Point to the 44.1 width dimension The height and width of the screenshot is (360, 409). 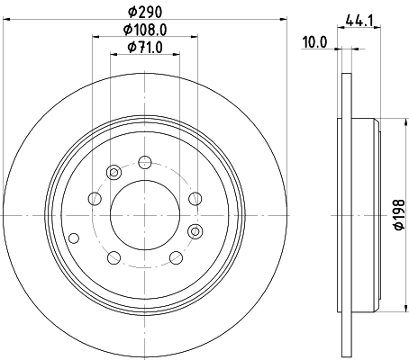tap(359, 18)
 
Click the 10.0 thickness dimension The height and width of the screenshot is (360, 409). tap(315, 41)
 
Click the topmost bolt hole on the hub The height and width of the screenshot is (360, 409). tap(144, 164)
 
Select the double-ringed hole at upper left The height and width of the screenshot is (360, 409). tap(114, 173)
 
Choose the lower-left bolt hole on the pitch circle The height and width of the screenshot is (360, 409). tap(114, 259)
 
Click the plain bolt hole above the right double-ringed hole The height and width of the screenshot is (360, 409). tap(194, 200)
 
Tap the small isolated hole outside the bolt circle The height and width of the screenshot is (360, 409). tap(74, 238)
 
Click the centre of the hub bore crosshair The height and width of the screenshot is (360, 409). tap(144, 216)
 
